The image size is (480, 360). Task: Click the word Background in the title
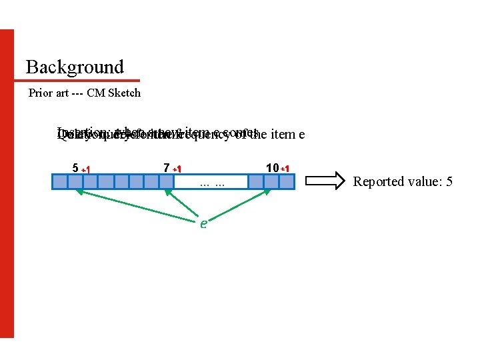75,67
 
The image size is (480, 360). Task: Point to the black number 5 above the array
75,167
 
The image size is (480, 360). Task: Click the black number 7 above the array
167,167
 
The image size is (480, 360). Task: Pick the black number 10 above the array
271,167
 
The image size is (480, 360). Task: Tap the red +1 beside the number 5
86,169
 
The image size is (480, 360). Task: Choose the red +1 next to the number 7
177,169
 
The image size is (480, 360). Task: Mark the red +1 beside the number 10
285,169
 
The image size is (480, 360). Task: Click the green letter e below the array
203,223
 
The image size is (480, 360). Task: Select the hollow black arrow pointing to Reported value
327,181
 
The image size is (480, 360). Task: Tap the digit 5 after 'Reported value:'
449,181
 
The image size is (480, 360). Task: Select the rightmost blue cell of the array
288,181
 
